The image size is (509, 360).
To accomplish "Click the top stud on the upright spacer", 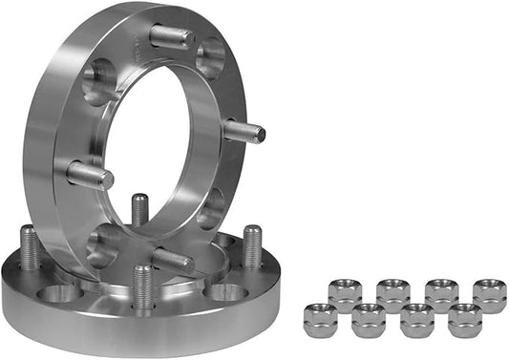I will (172, 36).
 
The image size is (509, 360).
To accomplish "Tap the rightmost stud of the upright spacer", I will (244, 131).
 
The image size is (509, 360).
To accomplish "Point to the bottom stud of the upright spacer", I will (173, 260).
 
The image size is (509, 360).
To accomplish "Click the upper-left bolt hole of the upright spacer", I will (97, 82).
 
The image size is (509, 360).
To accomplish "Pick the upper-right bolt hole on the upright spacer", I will (211, 56).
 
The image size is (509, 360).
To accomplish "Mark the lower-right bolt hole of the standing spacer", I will (211, 208).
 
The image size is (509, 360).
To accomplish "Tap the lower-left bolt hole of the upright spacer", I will (101, 244).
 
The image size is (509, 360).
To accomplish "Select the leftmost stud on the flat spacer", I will (30, 247).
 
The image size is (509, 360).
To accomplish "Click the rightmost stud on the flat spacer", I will (252, 245).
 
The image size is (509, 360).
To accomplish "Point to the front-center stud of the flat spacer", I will (143, 286).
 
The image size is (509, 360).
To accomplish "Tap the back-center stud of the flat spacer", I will (139, 209).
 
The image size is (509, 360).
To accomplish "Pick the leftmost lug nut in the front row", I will (321, 318).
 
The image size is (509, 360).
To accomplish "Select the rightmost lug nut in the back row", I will (489, 295).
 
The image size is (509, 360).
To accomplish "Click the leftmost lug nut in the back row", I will (345, 294).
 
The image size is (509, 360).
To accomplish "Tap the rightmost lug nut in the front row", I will (465, 320).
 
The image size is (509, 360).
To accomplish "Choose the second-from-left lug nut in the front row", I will (369, 319).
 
